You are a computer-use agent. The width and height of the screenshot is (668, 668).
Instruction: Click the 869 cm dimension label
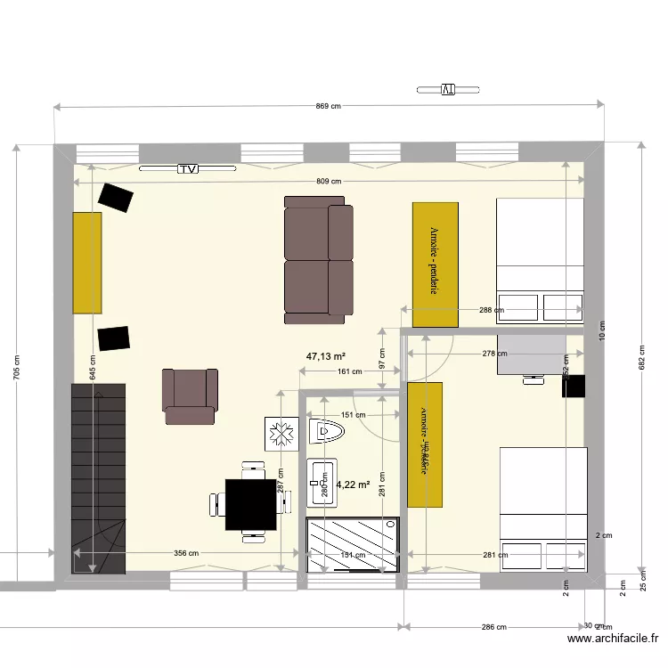(x=329, y=106)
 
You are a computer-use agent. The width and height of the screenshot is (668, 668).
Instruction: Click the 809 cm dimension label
(x=329, y=181)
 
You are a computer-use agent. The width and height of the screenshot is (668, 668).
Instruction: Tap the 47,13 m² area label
(x=326, y=356)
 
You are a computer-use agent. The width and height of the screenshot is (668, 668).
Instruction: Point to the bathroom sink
(x=322, y=482)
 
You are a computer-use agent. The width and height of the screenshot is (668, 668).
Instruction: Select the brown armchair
(x=190, y=395)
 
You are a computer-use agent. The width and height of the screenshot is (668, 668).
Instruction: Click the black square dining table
(x=250, y=505)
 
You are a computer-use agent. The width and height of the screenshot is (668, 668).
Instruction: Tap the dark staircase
(x=98, y=477)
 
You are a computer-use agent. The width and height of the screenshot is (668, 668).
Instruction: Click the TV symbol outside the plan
(x=448, y=89)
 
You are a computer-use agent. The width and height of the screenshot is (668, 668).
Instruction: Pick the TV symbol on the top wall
(x=187, y=168)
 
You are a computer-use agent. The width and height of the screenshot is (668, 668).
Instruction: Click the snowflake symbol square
(x=280, y=434)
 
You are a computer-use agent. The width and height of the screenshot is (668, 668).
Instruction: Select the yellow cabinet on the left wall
(x=87, y=263)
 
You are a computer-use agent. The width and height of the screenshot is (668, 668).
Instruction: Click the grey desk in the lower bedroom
(x=531, y=354)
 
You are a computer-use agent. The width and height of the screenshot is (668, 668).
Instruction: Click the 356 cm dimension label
(x=185, y=553)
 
